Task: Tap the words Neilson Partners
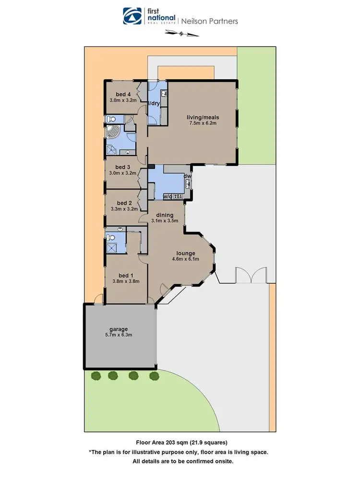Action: pos(209,21)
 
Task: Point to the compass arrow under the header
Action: pos(181,33)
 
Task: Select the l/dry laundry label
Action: pos(154,103)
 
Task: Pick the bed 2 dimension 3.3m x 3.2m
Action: pos(124,209)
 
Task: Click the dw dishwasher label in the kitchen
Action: pos(188,176)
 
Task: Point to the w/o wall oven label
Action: pos(168,196)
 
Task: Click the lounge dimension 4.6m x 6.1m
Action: pos(185,260)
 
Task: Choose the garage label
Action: pos(118,329)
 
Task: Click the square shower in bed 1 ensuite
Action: pos(111,248)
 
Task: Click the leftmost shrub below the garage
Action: pos(95,375)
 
